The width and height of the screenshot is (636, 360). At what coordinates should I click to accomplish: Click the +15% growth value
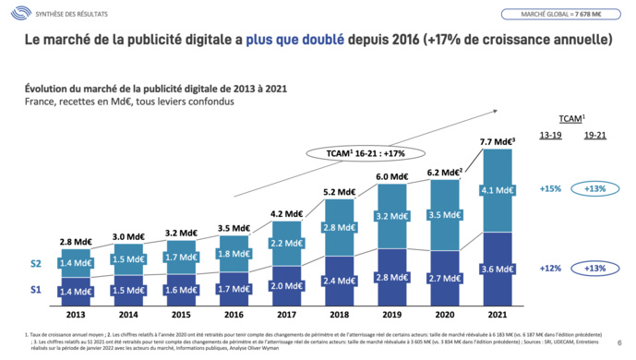coord(550,189)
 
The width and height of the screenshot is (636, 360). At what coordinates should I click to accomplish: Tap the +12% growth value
coord(550,268)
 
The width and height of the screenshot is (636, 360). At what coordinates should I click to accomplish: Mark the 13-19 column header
coord(550,136)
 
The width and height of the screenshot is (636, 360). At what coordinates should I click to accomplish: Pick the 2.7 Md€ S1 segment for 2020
coord(447,277)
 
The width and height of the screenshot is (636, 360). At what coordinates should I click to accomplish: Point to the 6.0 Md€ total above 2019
coord(392,176)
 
